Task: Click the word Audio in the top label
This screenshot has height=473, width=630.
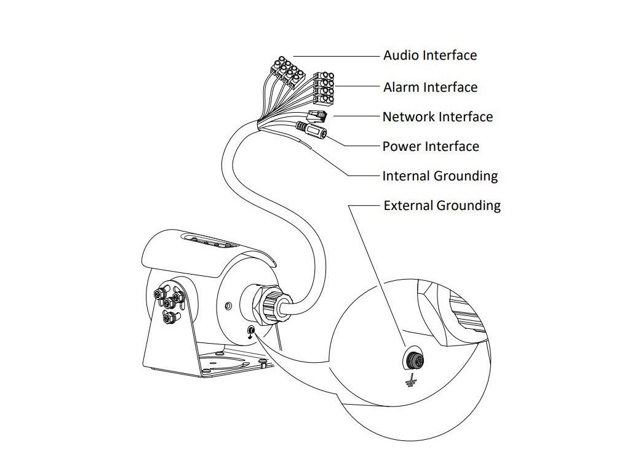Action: [x=401, y=55]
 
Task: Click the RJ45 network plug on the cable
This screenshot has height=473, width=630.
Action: [x=317, y=115]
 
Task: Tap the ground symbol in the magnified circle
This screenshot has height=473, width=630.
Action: [x=408, y=383]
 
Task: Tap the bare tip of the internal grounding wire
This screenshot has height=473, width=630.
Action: [x=306, y=145]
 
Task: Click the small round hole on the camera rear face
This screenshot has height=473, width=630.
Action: [x=229, y=304]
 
